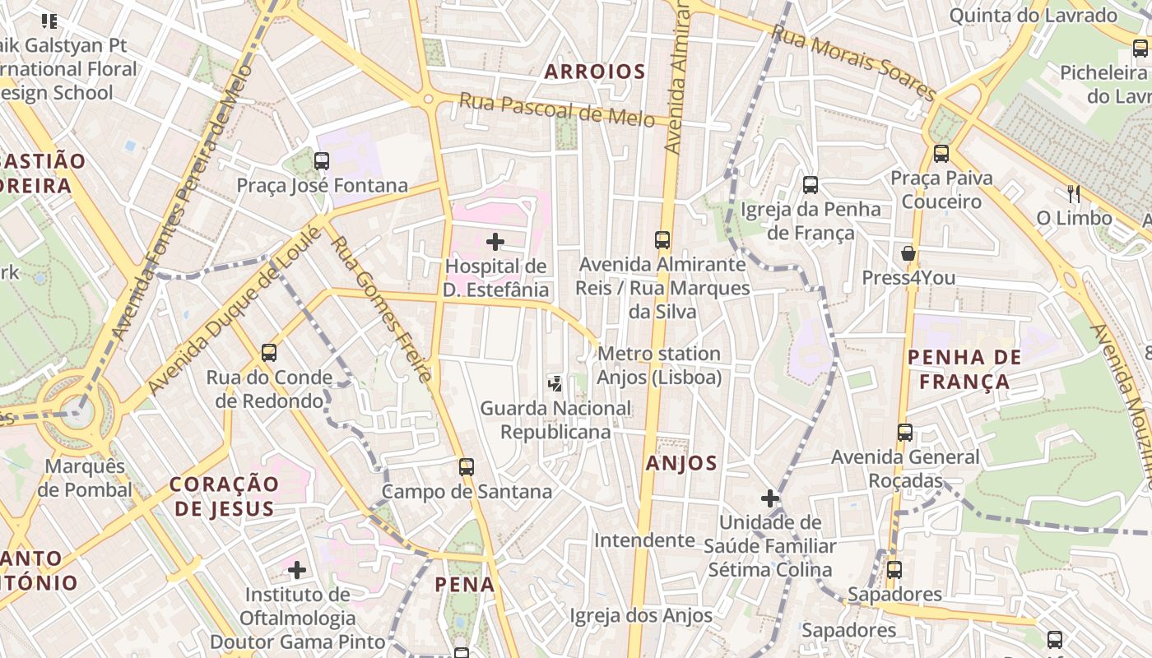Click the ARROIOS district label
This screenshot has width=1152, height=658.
tap(595, 72)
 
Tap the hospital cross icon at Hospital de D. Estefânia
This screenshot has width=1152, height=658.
tap(495, 242)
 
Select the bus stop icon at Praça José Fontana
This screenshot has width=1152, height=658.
tap(322, 161)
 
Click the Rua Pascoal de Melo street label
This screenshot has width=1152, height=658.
tap(556, 109)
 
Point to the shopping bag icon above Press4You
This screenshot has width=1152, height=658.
tap(908, 253)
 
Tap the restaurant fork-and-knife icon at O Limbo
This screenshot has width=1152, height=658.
tap(1074, 194)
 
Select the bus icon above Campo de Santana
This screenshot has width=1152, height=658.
tap(467, 467)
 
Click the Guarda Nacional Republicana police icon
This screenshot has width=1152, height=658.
tap(556, 382)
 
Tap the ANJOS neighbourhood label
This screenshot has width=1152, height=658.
tap(681, 463)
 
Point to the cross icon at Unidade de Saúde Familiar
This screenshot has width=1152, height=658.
tap(770, 498)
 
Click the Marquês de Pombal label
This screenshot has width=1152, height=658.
tap(85, 478)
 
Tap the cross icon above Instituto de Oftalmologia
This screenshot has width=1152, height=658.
tap(297, 569)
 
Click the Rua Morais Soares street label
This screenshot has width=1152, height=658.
tap(853, 62)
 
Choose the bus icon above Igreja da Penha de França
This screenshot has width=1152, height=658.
tap(811, 185)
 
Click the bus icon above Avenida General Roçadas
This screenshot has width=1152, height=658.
tap(905, 433)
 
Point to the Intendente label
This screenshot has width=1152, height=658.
tap(644, 540)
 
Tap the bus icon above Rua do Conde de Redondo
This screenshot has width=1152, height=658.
tap(269, 353)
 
